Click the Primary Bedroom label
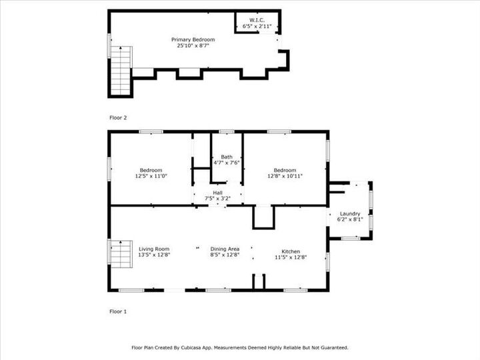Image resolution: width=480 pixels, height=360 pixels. pos(196,39)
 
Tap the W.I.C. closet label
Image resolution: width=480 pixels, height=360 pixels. pos(257,20)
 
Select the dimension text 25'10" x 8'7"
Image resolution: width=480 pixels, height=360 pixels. pos(196,46)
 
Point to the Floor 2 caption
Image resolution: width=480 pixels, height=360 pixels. pos(118,117)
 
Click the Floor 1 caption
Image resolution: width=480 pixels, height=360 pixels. pos(118,311)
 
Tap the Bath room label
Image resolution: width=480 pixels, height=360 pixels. pos(227,157)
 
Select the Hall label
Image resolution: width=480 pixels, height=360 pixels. pos(227,192)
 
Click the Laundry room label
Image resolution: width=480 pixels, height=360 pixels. pos(349,213)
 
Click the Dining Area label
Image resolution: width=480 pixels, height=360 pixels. pos(225,249)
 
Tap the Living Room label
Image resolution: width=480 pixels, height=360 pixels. pos(154,249)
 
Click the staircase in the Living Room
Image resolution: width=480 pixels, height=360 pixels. pos(120,254)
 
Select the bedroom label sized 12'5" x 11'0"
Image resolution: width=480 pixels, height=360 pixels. pos(151,169)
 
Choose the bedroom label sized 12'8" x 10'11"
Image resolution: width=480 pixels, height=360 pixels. pos(285,169)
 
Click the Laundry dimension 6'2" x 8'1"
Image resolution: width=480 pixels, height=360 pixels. pos(349,219)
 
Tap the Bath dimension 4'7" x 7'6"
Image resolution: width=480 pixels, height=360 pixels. pos(227,163)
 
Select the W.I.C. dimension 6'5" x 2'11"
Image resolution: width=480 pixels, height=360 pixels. pos(257,26)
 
